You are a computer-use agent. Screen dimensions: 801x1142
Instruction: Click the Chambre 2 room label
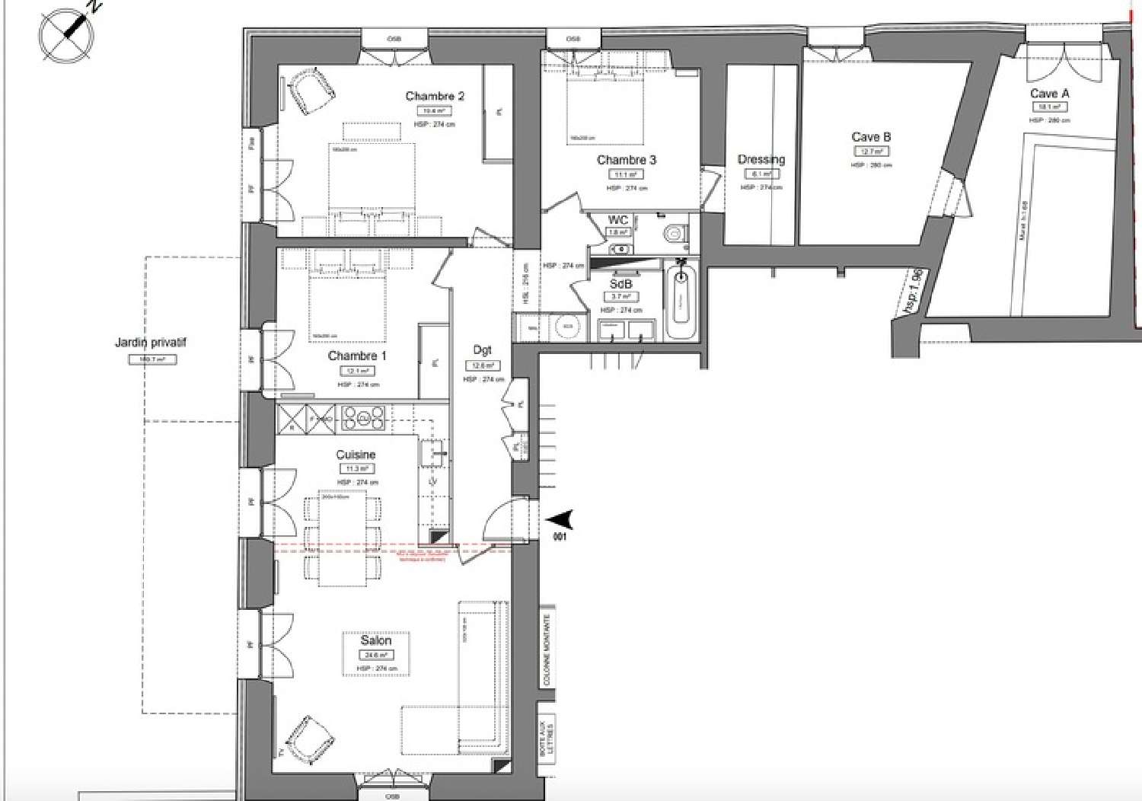[x=434, y=96]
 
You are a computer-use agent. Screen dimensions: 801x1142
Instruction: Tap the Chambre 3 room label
[x=626, y=160]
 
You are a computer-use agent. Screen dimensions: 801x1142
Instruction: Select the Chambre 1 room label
[x=357, y=356]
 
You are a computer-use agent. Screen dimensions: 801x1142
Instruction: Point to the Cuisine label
[x=356, y=455]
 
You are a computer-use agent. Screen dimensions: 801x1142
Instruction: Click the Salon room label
[x=376, y=640]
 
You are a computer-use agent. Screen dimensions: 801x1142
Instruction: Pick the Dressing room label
[x=761, y=159]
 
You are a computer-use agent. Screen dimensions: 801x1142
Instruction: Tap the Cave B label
[x=871, y=137]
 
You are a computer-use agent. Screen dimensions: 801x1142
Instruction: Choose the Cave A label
[x=1049, y=94]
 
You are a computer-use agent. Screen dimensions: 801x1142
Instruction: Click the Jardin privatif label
[x=151, y=343]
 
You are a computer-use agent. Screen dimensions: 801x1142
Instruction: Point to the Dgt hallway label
[x=483, y=349]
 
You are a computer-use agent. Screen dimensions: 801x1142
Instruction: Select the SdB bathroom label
[x=620, y=283]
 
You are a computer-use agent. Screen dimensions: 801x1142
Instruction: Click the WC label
[x=617, y=220]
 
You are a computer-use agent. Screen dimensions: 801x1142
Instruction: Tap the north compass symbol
[x=69, y=33]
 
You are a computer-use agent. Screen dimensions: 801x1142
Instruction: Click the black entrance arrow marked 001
[x=560, y=520]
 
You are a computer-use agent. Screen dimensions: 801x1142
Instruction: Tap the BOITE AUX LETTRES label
[x=546, y=738]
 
